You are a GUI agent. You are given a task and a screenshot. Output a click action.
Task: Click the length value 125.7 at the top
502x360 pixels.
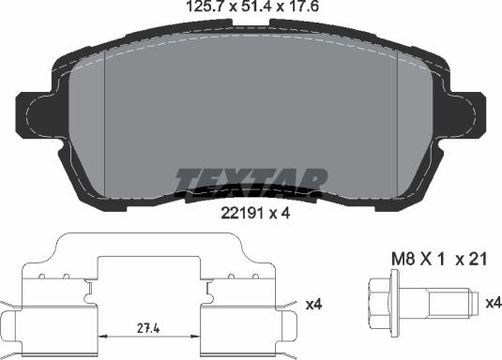click(194, 11)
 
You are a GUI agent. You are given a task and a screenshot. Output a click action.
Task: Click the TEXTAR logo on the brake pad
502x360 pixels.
click(251, 178)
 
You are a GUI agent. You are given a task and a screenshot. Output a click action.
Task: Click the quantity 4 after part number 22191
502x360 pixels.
click(284, 213)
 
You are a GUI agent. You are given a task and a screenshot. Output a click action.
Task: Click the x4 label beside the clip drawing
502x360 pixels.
click(314, 304)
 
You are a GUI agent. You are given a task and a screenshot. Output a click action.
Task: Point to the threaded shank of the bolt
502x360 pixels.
click(446, 301)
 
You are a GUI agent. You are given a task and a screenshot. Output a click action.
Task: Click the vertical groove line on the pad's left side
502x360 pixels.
click(103, 122)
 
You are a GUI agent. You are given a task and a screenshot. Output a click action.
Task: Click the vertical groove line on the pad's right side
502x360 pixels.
click(399, 122)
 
